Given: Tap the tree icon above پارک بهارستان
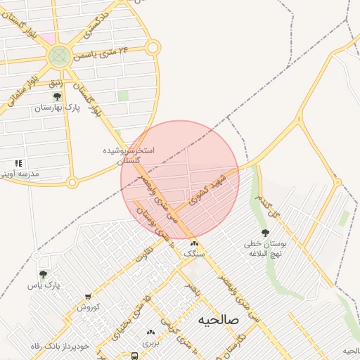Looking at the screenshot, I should coord(57,96).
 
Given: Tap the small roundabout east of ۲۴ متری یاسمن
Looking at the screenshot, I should coord(153,48).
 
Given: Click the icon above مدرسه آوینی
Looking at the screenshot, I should coord(19,163).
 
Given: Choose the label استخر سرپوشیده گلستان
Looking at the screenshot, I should coord(129,155).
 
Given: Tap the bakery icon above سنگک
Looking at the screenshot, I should coord(194,243).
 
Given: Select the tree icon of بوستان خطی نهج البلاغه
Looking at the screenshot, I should coord(264,233).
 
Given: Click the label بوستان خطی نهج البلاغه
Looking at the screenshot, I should coord(264,248).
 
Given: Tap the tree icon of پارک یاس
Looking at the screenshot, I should coord(44,274).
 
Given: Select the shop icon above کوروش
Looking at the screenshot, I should coord(88,297).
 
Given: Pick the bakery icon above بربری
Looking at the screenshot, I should coord(150,333).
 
